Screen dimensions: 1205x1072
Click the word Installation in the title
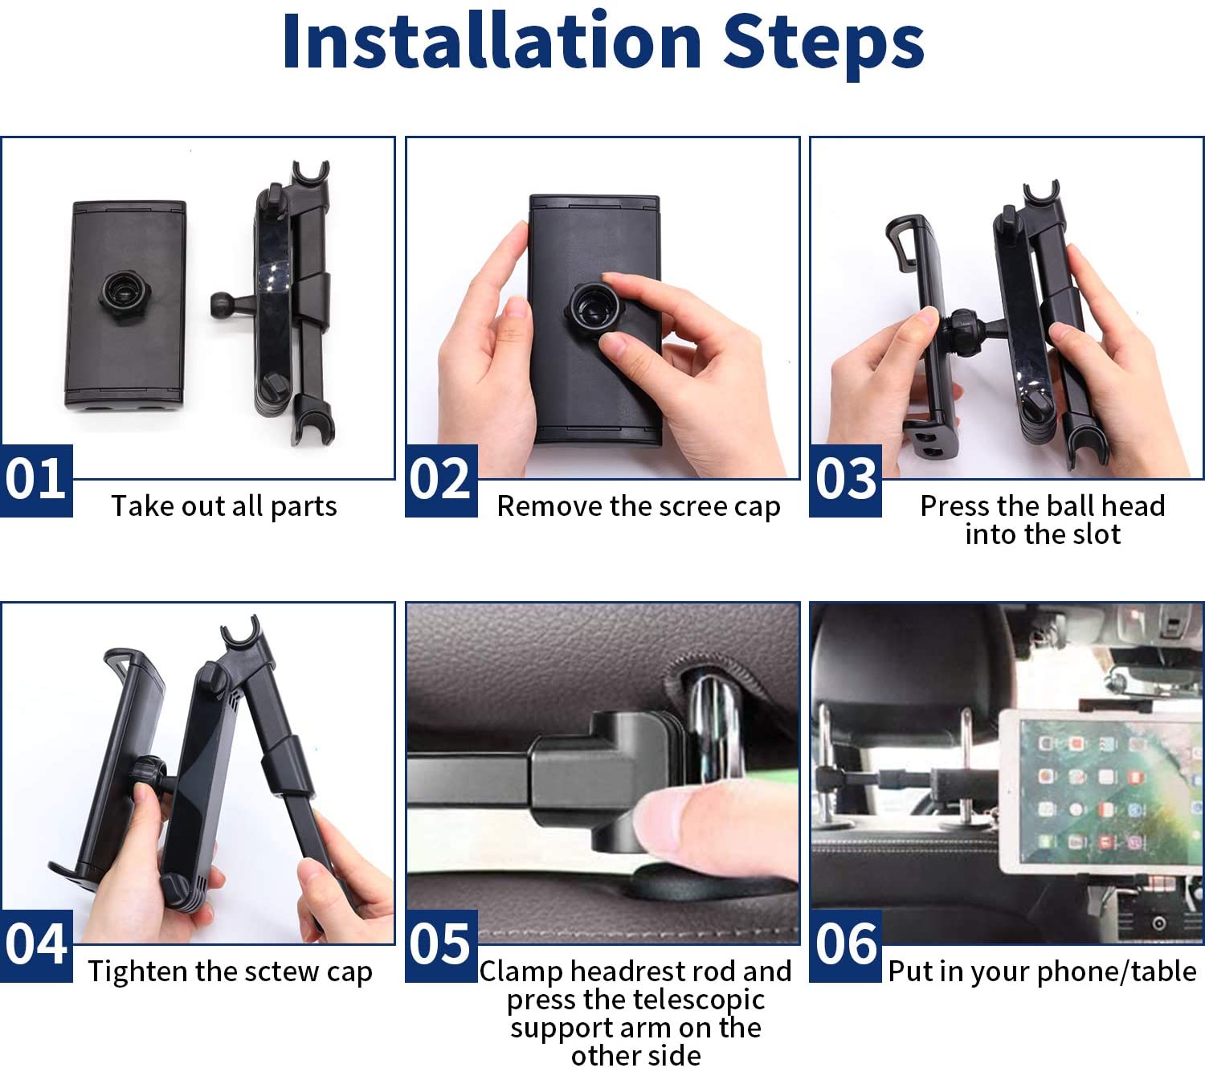coord(492,42)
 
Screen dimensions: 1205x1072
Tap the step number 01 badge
coord(36,480)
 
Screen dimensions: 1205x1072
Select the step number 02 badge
coord(441,480)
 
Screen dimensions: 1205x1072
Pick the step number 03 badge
coord(845,480)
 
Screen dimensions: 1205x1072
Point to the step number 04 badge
coord(36,945)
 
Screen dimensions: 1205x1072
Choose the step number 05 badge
coord(441,945)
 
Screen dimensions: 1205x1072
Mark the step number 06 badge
coord(845,945)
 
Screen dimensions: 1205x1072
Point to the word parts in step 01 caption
coord(304,508)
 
